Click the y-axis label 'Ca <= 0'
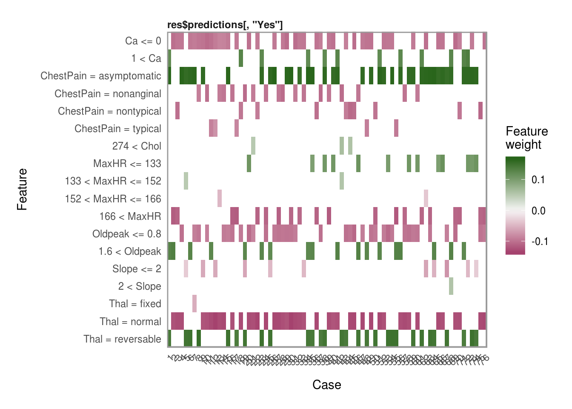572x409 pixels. [x=143, y=41]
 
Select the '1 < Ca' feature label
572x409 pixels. [x=146, y=58]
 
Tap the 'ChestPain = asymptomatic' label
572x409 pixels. [x=101, y=76]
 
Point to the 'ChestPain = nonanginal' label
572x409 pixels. [x=108, y=94]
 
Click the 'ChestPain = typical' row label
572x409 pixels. [x=117, y=129]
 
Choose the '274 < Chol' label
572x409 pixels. [x=137, y=146]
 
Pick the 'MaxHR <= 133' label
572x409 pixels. [x=127, y=164]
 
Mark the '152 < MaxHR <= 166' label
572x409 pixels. [x=113, y=199]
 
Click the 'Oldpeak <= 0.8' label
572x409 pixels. [x=127, y=234]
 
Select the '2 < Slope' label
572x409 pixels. [x=140, y=286]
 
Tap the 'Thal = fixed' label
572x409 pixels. [x=135, y=304]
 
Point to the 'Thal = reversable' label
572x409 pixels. [x=122, y=339]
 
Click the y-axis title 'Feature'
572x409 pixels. [x=22, y=190]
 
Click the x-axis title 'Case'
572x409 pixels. [x=326, y=385]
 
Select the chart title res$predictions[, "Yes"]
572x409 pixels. [x=225, y=25]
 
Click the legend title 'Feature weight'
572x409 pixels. [x=526, y=138]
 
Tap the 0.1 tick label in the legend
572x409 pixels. [x=538, y=180]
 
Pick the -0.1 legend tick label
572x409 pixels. [x=540, y=242]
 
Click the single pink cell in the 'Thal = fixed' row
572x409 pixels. [x=194, y=304]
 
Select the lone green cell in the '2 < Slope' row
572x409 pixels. [x=451, y=286]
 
